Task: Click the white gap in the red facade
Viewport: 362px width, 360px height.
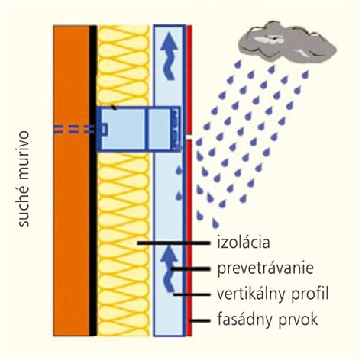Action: coord(189,137)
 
